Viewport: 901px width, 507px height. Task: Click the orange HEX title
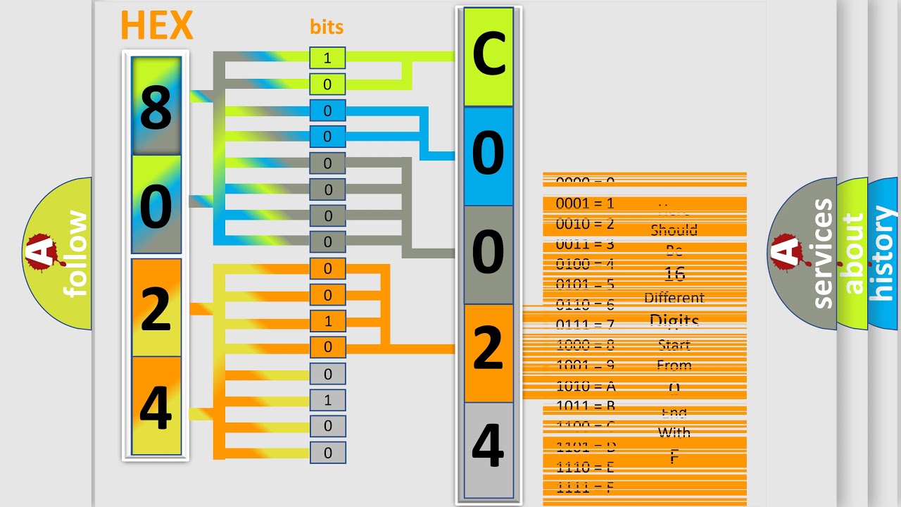156,26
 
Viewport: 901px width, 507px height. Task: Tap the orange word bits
327,27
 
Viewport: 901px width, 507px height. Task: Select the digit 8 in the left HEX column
156,108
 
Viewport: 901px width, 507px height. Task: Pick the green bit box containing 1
327,58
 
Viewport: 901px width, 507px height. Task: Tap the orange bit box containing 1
327,321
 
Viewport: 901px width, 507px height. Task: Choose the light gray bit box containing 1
327,400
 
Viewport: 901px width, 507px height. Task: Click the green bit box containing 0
327,84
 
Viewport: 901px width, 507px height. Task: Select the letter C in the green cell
489,56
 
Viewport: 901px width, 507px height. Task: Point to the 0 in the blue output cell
489,155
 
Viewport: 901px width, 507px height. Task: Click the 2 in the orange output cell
489,350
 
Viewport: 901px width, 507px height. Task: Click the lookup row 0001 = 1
585,204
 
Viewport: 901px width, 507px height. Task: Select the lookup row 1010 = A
586,386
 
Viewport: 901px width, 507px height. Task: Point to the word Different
674,298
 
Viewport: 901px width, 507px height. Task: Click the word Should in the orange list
674,230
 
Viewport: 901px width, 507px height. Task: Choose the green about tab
852,254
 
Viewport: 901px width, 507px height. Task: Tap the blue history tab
883,254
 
